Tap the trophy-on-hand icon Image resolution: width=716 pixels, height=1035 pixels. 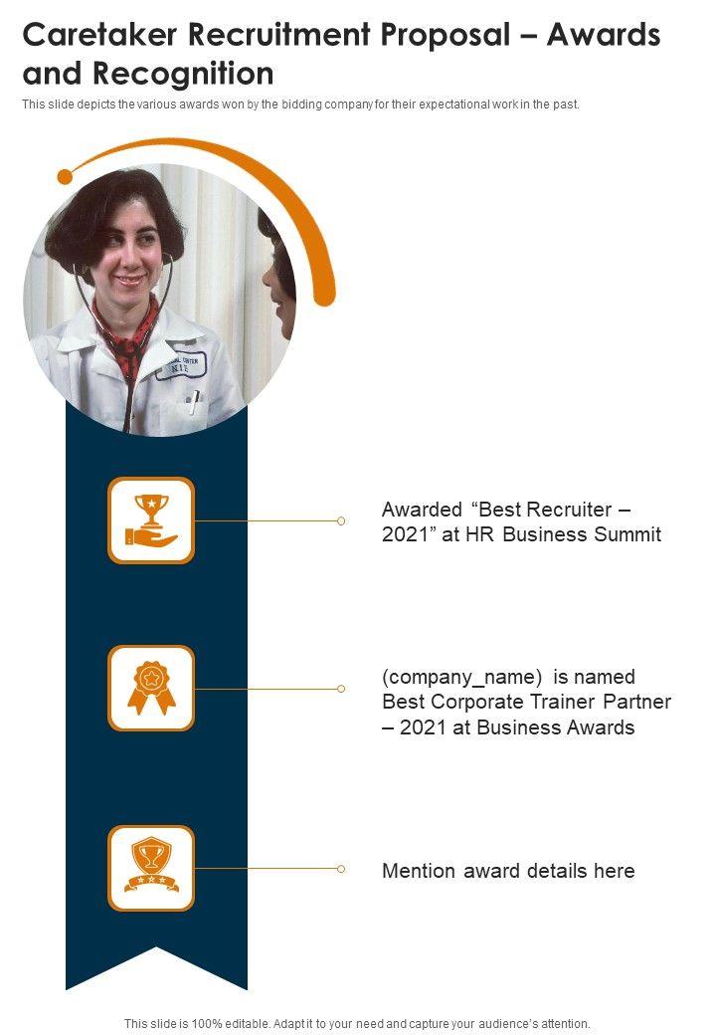pos(151,520)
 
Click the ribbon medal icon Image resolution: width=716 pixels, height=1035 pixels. pos(151,689)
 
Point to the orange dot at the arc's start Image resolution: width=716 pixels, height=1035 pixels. pos(66,177)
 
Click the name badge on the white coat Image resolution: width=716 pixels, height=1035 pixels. pos(180,365)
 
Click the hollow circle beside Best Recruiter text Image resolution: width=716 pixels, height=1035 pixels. pos(341,520)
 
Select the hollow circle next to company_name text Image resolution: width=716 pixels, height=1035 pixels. pos(341,689)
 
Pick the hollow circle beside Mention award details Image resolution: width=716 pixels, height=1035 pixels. pos(341,869)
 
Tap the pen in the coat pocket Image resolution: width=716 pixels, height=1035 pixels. pos(195,401)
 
